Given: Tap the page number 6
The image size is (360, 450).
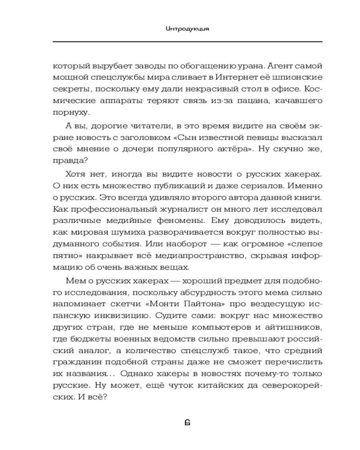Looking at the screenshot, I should pyautogui.click(x=188, y=423).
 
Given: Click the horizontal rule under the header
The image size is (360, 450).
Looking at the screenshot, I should pyautogui.click(x=188, y=42).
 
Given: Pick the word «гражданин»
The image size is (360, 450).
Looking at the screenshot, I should pyautogui.click(x=74, y=360).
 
